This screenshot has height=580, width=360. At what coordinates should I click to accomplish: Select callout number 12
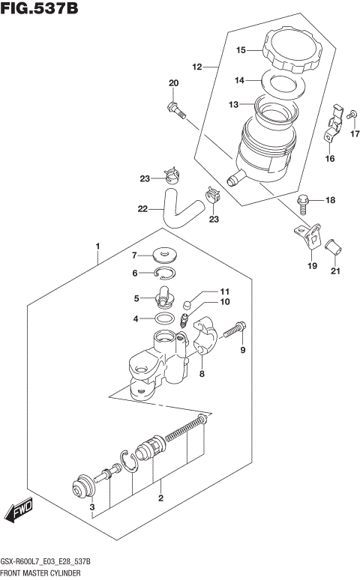coord(198,67)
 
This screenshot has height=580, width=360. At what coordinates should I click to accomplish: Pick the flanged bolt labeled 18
coord(302,201)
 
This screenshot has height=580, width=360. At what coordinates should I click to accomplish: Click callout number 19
coord(313,265)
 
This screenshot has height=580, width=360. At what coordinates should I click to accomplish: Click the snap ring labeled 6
coord(166,274)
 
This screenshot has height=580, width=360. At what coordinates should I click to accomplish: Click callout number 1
coord(97,246)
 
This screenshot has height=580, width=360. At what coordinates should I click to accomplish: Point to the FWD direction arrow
coord(18,513)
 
